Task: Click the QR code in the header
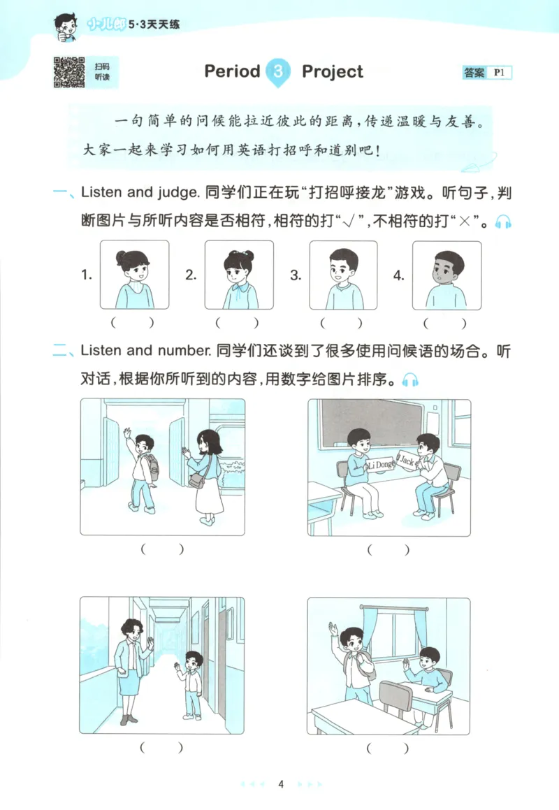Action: [69, 72]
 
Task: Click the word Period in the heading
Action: [232, 72]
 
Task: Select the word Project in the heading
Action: [333, 72]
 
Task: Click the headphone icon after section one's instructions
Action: [503, 222]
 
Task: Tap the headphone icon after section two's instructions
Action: [410, 381]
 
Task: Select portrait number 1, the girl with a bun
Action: [134, 275]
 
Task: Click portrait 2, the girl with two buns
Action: [240, 275]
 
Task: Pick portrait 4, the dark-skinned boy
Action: [447, 275]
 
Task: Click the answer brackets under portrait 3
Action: [342, 324]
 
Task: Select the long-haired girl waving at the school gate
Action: [204, 475]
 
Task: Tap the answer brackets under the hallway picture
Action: [162, 748]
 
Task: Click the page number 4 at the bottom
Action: [280, 784]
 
